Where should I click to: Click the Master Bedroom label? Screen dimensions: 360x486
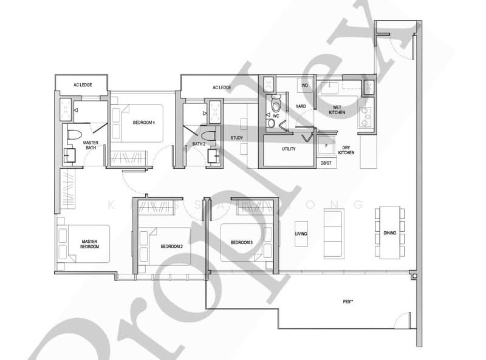pyautogui.click(x=90, y=244)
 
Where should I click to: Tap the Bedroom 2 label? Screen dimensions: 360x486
pyautogui.click(x=172, y=246)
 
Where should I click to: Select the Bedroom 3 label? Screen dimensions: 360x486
pyautogui.click(x=241, y=243)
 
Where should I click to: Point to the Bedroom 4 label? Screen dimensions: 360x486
pyautogui.click(x=144, y=123)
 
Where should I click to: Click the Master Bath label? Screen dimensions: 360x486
pyautogui.click(x=91, y=145)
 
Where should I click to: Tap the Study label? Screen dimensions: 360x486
pyautogui.click(x=236, y=138)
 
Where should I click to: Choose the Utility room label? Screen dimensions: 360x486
pyautogui.click(x=289, y=149)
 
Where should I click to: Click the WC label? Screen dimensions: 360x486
pyautogui.click(x=275, y=115)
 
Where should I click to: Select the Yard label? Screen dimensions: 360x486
pyautogui.click(x=300, y=107)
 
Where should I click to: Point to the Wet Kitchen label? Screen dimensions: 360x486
pyautogui.click(x=337, y=110)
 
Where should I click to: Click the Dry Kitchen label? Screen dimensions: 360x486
pyautogui.click(x=346, y=150)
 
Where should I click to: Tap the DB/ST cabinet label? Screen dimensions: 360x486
pyautogui.click(x=326, y=163)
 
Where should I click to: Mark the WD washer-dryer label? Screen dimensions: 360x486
pyautogui.click(x=305, y=86)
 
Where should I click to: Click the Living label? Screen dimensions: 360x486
pyautogui.click(x=300, y=234)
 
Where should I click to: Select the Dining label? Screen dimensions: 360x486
pyautogui.click(x=389, y=232)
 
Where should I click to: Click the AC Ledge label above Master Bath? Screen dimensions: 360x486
pyautogui.click(x=82, y=84)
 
